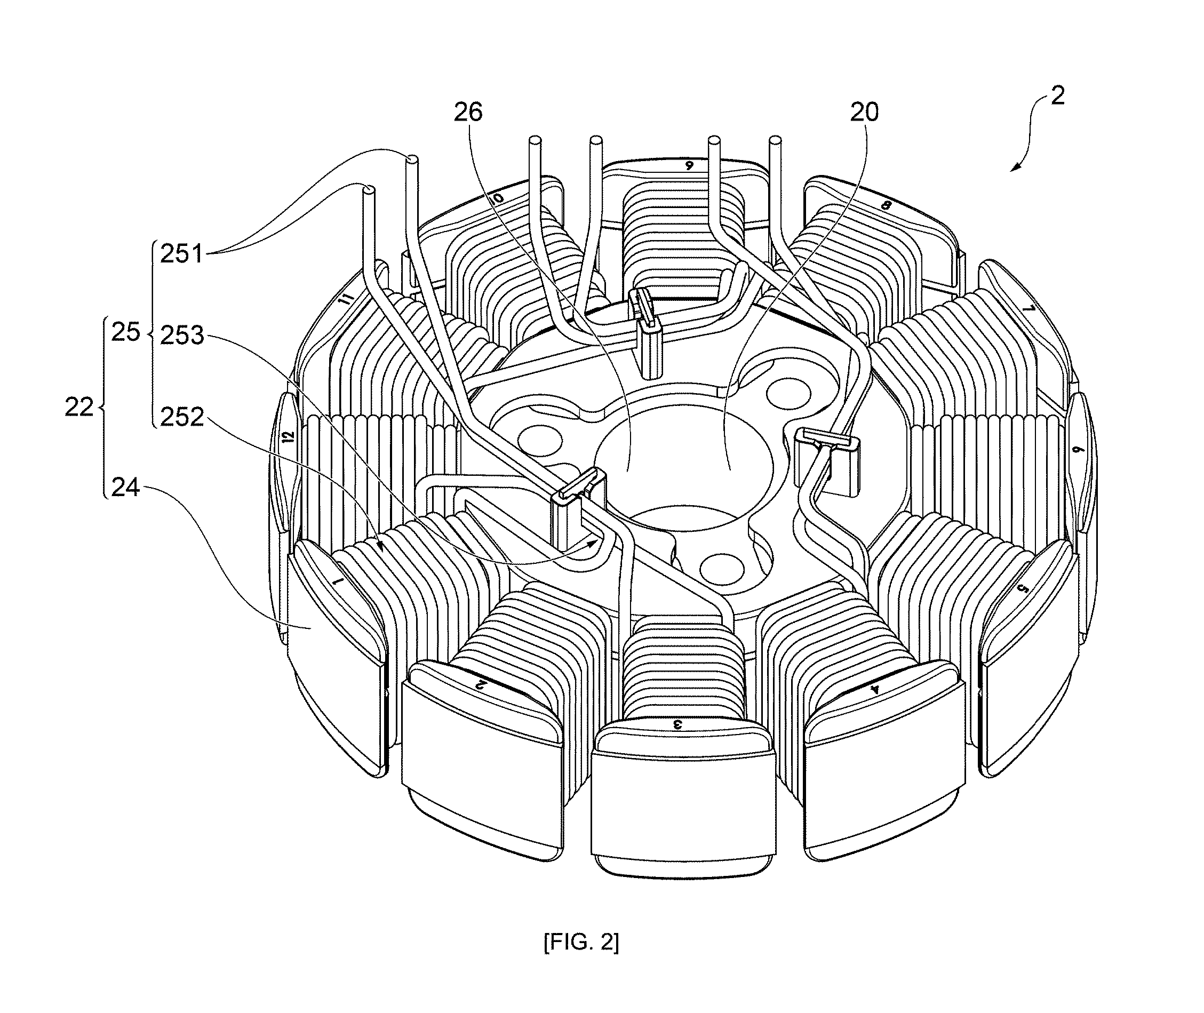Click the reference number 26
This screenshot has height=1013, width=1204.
[x=468, y=113]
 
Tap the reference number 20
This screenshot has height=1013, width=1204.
[x=864, y=113]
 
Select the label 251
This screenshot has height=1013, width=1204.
[x=182, y=254]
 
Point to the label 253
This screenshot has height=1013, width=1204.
[x=182, y=336]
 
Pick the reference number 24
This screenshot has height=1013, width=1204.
[x=126, y=487]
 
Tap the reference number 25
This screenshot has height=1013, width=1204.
[x=126, y=332]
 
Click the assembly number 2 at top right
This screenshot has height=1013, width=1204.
[x=1057, y=95]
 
